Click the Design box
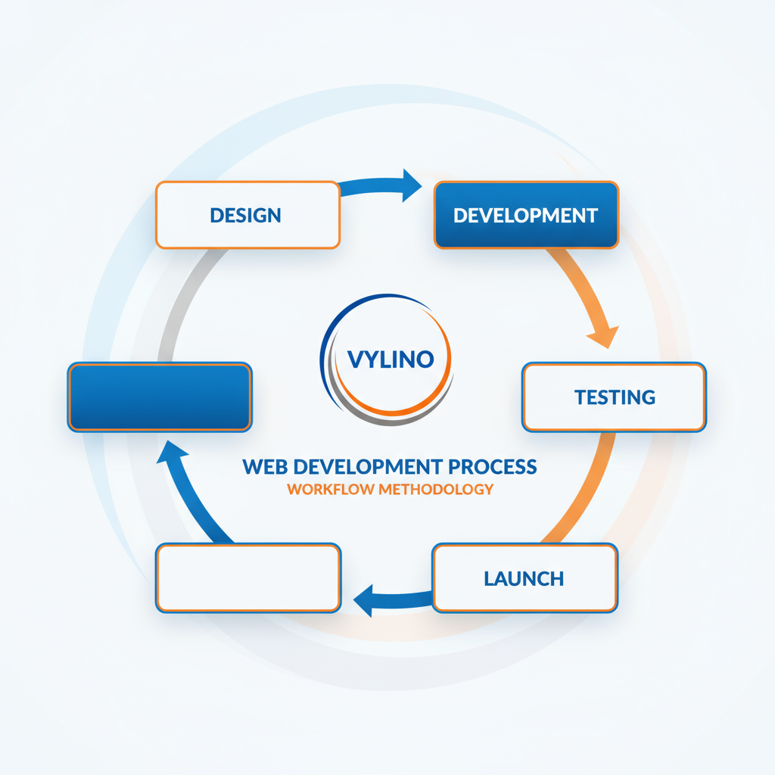(247, 215)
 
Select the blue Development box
(526, 215)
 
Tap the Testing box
(614, 397)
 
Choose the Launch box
(524, 579)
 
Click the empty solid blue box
(160, 397)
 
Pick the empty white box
(248, 577)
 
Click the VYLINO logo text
(390, 359)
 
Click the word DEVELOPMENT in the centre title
(363, 466)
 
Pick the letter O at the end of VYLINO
(425, 359)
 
